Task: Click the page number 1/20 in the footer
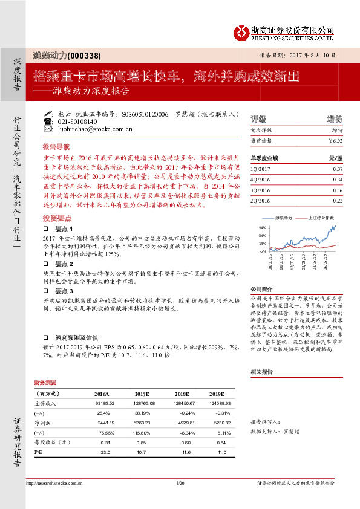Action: click(180, 484)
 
